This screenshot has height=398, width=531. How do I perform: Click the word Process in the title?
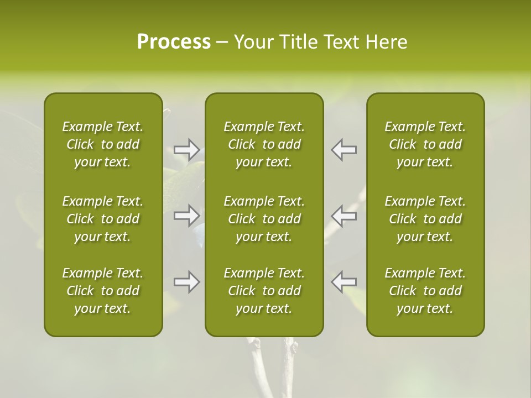[x=174, y=42]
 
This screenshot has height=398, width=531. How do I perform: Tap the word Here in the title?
[x=386, y=42]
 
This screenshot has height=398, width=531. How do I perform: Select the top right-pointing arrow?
[x=187, y=149]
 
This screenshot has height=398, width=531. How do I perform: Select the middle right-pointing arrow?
[x=187, y=216]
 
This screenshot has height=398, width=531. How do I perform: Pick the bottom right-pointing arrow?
[x=187, y=282]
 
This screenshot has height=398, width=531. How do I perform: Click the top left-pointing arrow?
[x=344, y=149]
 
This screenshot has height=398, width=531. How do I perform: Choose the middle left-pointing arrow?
[x=344, y=216]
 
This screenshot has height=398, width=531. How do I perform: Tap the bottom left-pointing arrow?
[x=344, y=282]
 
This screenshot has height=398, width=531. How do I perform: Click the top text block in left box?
[x=103, y=144]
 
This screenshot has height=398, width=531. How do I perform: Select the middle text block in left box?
[x=103, y=219]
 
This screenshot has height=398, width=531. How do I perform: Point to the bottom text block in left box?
[x=103, y=291]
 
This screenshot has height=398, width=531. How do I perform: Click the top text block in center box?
[x=264, y=144]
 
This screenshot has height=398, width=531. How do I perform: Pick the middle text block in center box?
[x=264, y=219]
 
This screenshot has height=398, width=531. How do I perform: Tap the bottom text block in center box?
[x=264, y=291]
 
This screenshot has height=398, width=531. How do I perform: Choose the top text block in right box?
[x=425, y=144]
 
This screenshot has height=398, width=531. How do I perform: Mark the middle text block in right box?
[x=425, y=219]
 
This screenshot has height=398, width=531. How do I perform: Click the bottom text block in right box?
[x=425, y=291]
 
